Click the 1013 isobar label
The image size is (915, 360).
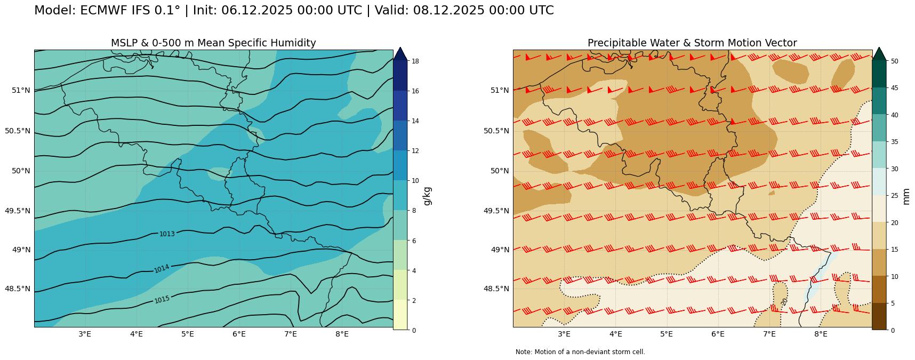pos(167,234)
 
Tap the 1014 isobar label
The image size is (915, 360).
pos(162,268)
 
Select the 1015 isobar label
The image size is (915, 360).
pos(162,299)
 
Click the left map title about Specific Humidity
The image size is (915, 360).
pos(213,43)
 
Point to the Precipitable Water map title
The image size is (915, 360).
pos(692,43)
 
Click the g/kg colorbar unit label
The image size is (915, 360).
pos(427,196)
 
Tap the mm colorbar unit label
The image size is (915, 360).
pos(906,196)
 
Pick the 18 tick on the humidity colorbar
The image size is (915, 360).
pos(415,61)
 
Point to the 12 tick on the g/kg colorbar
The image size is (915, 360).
pos(415,151)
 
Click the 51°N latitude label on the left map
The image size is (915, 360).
pos(21,90)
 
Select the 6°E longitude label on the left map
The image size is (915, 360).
pos(239,334)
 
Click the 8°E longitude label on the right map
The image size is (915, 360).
pos(821,334)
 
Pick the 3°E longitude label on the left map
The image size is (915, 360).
pos(85,334)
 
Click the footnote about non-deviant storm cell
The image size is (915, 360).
pos(580,352)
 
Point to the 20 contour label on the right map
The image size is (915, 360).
pos(784,301)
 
